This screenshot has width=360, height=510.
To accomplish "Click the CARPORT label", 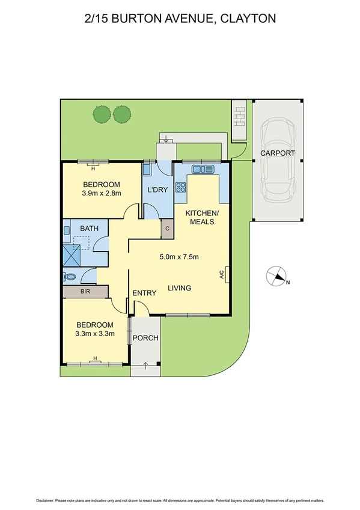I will click(x=278, y=153).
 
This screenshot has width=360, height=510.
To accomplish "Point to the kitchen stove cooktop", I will click(x=180, y=187).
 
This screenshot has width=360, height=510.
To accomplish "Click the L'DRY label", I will click(x=157, y=190).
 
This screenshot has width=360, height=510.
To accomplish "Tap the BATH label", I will click(x=89, y=229).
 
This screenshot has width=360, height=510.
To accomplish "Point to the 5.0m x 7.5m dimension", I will click(x=178, y=258).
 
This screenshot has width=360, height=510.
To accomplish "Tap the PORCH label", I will click(x=146, y=338).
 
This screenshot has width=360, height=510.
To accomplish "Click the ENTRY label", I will click(x=144, y=293).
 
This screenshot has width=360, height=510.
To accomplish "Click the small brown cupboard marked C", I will click(x=167, y=229).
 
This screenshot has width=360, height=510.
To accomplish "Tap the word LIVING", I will click(x=179, y=288).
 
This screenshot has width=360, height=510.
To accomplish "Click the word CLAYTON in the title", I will click(x=248, y=19).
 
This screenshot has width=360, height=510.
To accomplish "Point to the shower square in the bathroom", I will click(x=76, y=253).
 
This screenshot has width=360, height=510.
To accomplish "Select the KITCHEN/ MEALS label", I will click(x=202, y=218).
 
